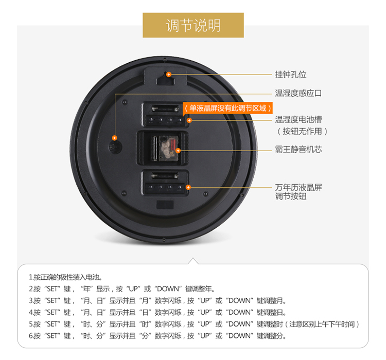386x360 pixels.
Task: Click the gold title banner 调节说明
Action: click(193, 25)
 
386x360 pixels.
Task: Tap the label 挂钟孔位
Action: click(290, 75)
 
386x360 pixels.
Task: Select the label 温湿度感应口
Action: click(298, 93)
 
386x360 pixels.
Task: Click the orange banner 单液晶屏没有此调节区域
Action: click(227, 109)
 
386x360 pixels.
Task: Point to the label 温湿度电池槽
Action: click(299, 120)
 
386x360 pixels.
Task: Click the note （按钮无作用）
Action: click(302, 132)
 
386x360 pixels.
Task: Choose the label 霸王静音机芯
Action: click(299, 149)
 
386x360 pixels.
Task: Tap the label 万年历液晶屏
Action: click(299, 188)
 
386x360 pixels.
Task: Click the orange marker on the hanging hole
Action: click(169, 74)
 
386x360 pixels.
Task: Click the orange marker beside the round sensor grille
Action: click(114, 138)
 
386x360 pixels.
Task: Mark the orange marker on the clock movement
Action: click(178, 151)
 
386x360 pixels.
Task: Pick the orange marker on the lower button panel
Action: click(188, 187)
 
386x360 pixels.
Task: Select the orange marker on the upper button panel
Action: click(189, 120)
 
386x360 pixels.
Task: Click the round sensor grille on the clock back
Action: click(115, 148)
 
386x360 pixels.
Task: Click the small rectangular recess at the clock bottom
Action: click(165, 205)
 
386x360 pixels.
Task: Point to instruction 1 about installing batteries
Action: click(65, 277)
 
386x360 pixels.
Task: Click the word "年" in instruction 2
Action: click(86, 289)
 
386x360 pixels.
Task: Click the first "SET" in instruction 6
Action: click(52, 336)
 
